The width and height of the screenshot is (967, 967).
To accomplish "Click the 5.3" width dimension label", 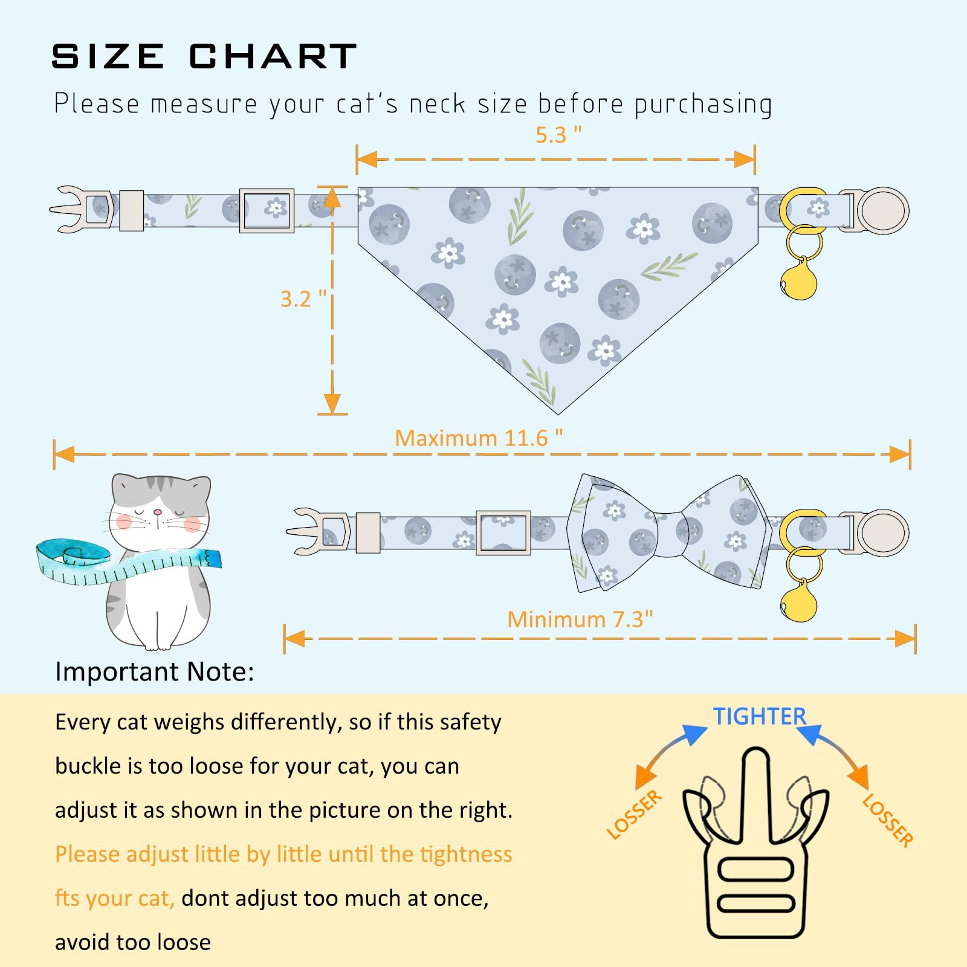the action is tap(558, 135).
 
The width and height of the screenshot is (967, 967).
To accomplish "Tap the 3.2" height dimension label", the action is tap(303, 299).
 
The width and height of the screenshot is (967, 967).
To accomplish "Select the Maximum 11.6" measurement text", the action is tap(479, 438).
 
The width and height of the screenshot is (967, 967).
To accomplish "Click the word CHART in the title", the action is tap(273, 57).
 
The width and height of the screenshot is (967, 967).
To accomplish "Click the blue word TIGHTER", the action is tap(760, 716).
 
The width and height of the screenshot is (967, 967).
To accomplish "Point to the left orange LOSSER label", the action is tap(635, 814).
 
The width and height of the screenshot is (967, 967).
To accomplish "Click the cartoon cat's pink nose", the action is tap(158, 512).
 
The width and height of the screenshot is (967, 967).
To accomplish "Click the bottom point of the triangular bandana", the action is tap(558, 414).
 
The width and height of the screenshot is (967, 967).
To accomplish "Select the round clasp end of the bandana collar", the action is tap(882, 210).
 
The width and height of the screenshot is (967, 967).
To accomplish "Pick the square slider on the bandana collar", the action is tap(267, 210).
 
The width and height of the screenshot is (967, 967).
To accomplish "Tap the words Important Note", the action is tap(155, 671).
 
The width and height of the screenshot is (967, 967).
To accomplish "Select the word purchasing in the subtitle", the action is tap(703, 104).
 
